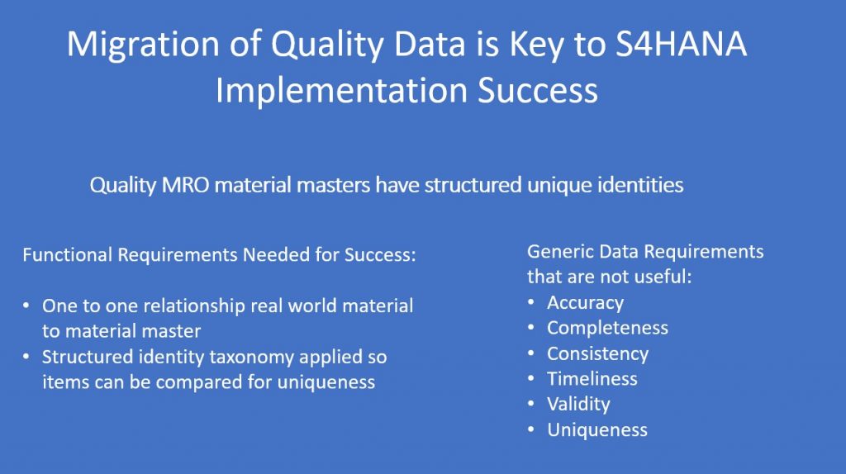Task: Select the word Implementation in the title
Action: click(x=341, y=92)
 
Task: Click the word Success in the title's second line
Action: click(x=537, y=90)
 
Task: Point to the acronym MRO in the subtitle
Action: click(x=185, y=185)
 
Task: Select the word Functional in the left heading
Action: click(x=67, y=254)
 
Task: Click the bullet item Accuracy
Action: click(x=586, y=303)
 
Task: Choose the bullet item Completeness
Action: click(x=607, y=328)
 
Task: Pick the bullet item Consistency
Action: click(x=598, y=353)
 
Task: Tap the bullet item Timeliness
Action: click(x=592, y=378)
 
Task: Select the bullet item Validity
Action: click(x=578, y=404)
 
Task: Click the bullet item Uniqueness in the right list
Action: click(x=597, y=429)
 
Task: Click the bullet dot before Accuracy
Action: click(x=531, y=302)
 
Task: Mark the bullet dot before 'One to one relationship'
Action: click(x=26, y=306)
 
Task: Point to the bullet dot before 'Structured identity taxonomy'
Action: click(x=26, y=357)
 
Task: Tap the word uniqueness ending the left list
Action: click(x=326, y=382)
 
